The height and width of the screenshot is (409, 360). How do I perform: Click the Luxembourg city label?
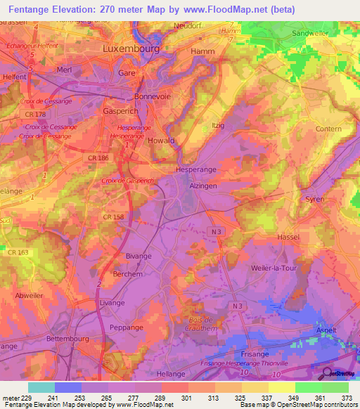(131, 49)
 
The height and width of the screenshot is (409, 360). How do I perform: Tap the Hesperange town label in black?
(196, 170)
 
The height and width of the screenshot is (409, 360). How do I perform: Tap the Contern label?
(328, 129)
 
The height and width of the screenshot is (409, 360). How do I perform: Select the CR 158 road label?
(114, 217)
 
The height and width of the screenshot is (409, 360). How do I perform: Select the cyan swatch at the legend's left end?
(41, 387)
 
